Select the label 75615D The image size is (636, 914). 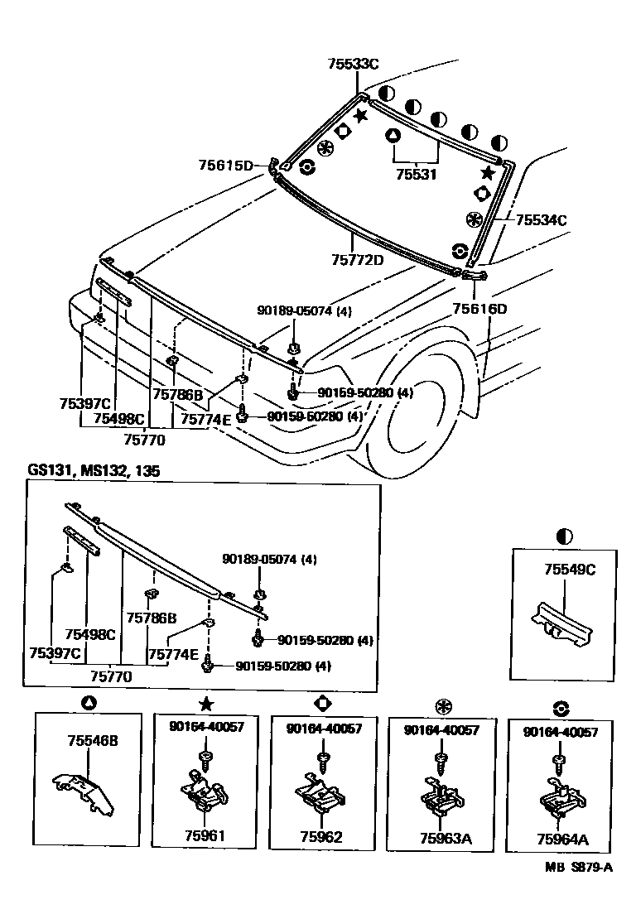point(225,166)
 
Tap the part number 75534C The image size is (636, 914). point(542,220)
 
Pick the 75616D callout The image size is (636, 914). point(479,309)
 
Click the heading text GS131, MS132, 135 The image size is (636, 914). point(94,470)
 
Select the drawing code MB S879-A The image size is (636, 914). point(578,867)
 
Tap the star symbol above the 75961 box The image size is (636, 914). point(205,704)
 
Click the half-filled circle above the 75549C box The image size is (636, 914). point(566,536)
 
